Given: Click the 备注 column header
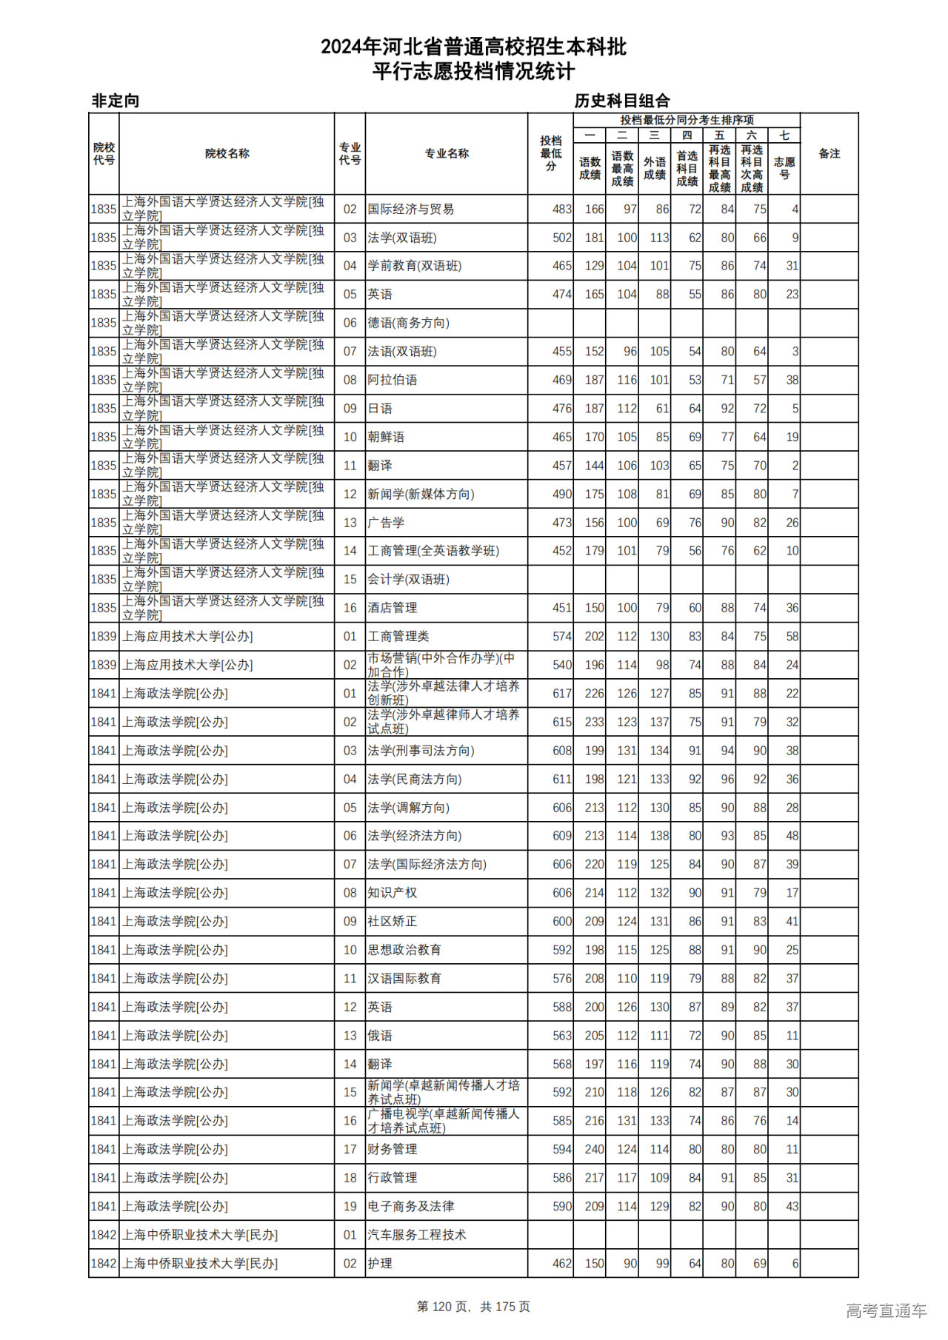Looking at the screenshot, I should pyautogui.click(x=829, y=153).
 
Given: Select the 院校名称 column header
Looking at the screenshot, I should pyautogui.click(x=227, y=153).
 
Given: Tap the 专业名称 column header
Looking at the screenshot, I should pyautogui.click(x=446, y=153).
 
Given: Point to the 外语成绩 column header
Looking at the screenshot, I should pyautogui.click(x=654, y=168).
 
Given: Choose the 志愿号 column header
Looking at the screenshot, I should pyautogui.click(x=784, y=168).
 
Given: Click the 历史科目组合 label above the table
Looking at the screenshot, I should pyautogui.click(x=622, y=101).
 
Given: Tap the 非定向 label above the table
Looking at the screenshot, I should pyautogui.click(x=116, y=101).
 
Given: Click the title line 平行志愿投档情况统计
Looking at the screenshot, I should pyautogui.click(x=473, y=72).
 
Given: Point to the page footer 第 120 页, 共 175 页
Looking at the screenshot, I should pyautogui.click(x=473, y=1307).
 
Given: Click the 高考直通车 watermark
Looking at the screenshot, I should pyautogui.click(x=886, y=1310).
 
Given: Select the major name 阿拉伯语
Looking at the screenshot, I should pyautogui.click(x=393, y=380).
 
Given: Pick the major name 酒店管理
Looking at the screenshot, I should pyautogui.click(x=393, y=608).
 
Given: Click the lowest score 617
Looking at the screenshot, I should pyautogui.click(x=561, y=694).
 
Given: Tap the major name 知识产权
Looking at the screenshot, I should pyautogui.click(x=393, y=893).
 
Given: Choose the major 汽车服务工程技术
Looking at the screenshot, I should pyautogui.click(x=417, y=1235).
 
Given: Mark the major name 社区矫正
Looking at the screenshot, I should pyautogui.click(x=393, y=922).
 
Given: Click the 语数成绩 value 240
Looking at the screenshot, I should pyautogui.click(x=594, y=1150).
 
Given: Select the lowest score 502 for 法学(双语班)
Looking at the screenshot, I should pyautogui.click(x=561, y=238).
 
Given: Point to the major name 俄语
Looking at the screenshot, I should pyautogui.click(x=380, y=1036).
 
